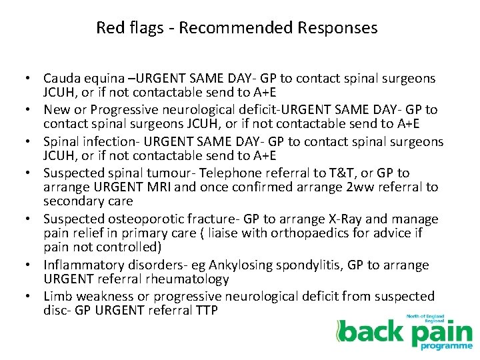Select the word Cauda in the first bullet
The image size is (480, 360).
coord(62,79)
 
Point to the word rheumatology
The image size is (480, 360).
coord(186,279)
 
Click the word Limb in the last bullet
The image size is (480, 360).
coord(57,297)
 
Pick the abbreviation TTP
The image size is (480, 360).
coord(203,311)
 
